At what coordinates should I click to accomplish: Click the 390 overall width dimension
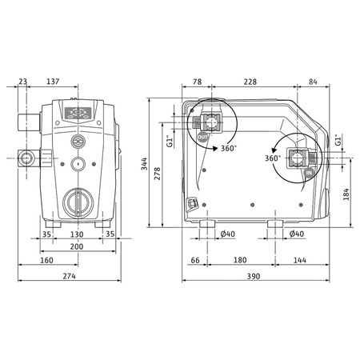[x=254, y=276]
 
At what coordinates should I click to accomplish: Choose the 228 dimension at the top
[x=250, y=82]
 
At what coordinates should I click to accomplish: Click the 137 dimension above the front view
[x=74, y=82]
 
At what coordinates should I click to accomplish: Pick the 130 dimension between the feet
[x=76, y=234]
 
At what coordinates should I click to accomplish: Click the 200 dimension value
[x=76, y=247]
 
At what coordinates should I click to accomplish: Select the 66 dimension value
[x=195, y=260]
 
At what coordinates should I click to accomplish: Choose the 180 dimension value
[x=239, y=260]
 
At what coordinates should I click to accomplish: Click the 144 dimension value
[x=299, y=260]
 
